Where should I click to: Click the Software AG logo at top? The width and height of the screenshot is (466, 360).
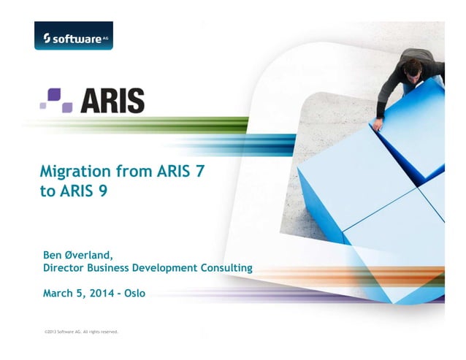pos(73,36)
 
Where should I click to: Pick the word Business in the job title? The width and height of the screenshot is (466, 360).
pos(121,268)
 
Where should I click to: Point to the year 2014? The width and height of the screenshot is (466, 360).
pos(104,294)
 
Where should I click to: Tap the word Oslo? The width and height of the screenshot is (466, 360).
pos(135,294)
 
